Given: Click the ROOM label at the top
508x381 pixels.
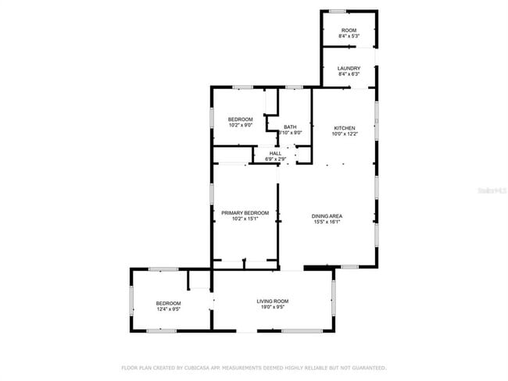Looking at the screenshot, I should click(349, 30).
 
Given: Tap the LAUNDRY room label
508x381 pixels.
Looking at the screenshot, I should click(349, 69).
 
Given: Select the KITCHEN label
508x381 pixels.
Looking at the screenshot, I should click(345, 128).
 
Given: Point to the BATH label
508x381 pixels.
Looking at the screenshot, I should click(290, 127).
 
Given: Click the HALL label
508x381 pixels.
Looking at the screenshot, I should click(275, 153).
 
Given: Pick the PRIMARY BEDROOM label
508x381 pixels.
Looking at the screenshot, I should click(245, 213).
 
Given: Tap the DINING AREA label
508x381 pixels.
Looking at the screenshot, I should click(327, 216).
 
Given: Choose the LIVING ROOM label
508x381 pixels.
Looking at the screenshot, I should click(273, 301).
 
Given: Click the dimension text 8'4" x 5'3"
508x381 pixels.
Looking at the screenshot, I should click(349, 37).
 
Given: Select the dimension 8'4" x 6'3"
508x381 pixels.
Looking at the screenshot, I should click(349, 75).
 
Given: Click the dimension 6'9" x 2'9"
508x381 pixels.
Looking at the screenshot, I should click(275, 159).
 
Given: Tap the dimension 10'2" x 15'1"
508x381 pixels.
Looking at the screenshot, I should click(245, 219).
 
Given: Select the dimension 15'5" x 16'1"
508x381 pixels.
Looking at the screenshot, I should click(327, 223).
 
